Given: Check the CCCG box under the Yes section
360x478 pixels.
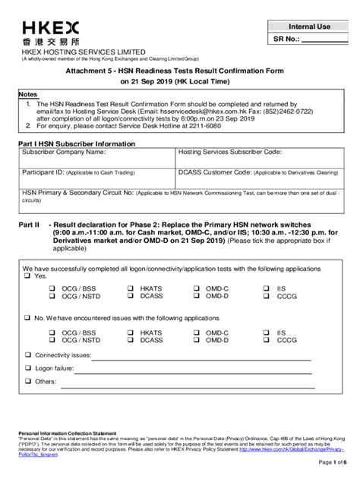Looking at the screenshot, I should coord(266,297).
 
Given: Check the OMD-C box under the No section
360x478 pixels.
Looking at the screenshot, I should coord(197,332).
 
